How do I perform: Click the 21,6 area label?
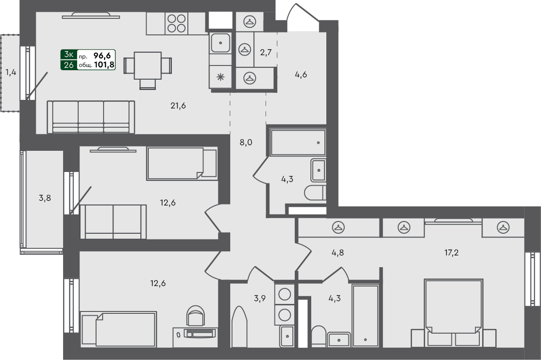(x=178, y=106)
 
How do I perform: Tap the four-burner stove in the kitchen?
(x=176, y=23)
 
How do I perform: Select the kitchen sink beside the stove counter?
(x=220, y=43)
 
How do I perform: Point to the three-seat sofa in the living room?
(x=90, y=117)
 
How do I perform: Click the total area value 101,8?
(x=105, y=65)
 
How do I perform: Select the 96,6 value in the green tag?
(x=105, y=55)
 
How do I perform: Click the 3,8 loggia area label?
(x=45, y=198)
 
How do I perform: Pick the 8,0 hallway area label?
(x=246, y=142)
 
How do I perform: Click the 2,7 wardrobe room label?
(x=266, y=52)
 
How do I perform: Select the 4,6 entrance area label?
(x=301, y=74)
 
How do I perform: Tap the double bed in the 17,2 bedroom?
(x=453, y=306)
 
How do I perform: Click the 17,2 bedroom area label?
(x=451, y=253)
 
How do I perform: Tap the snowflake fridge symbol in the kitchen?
(x=220, y=78)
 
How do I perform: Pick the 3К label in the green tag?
(x=69, y=55)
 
